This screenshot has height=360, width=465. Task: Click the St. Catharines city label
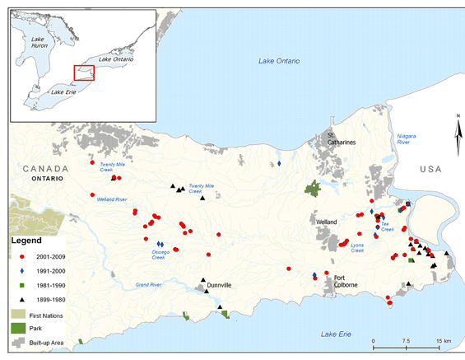coord(342,138)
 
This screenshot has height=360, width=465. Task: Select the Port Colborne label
coord(345,281)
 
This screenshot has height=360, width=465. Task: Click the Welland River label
coord(111,199)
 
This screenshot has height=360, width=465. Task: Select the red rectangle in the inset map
coord(83,72)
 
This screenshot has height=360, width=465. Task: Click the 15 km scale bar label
coord(443,339)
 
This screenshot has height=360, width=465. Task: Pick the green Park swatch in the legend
coord(20,328)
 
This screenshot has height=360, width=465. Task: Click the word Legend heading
coord(25,241)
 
